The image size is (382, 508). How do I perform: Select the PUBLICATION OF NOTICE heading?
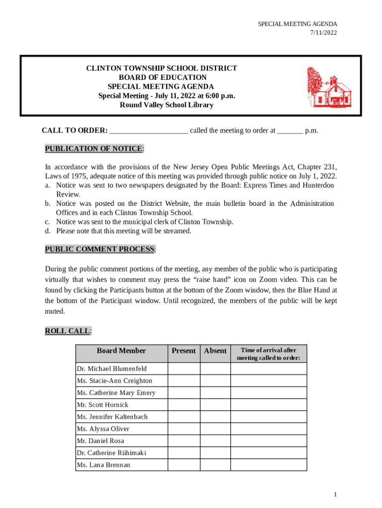pyautogui.click(x=94, y=149)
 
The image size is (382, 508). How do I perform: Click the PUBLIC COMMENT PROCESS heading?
pyautogui.click(x=100, y=249)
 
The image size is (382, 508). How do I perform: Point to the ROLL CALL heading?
pyautogui.click(x=67, y=331)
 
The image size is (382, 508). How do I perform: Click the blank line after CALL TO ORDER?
pyautogui.click(x=148, y=131)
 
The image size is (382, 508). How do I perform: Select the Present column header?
pyautogui.click(x=184, y=351)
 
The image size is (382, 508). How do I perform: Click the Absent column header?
pyautogui.click(x=215, y=351)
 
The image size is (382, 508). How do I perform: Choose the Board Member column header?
pyautogui.click(x=121, y=351)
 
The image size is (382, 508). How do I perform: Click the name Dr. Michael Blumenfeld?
pyautogui.click(x=112, y=369)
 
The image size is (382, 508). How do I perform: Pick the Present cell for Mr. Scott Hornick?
pyautogui.click(x=184, y=405)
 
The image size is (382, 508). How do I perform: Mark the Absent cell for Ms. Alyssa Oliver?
pyautogui.click(x=215, y=429)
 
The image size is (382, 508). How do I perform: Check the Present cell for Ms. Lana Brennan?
pyautogui.click(x=184, y=465)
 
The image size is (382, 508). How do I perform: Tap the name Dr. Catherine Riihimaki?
pyautogui.click(x=111, y=453)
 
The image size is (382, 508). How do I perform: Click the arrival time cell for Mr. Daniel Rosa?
pyautogui.click(x=268, y=441)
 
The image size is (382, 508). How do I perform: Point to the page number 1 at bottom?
pyautogui.click(x=335, y=495)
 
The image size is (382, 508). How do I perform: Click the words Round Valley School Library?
pyautogui.click(x=166, y=105)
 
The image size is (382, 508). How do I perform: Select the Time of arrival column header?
pyautogui.click(x=268, y=354)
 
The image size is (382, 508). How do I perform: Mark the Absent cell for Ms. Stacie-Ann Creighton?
pyautogui.click(x=215, y=381)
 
